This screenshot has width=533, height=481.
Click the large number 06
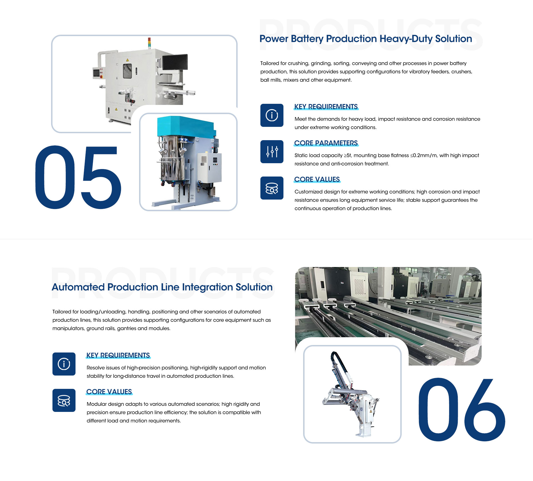pos(461,409)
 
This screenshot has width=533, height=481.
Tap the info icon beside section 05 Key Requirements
pos(272,115)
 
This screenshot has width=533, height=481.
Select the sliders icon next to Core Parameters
pos(272,152)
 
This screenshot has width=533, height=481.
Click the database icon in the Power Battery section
pos(272,188)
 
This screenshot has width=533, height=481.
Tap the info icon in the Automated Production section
pos(64,364)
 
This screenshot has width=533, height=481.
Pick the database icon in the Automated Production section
pos(64,400)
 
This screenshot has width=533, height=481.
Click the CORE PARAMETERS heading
pos(326,143)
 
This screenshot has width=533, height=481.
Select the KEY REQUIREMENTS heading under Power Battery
pos(326,107)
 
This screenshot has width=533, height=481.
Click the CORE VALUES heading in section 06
pos(109,392)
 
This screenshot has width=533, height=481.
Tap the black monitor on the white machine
pos(175,62)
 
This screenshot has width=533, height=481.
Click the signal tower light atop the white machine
pos(149,43)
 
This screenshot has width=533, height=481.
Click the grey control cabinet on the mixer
pos(210,168)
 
